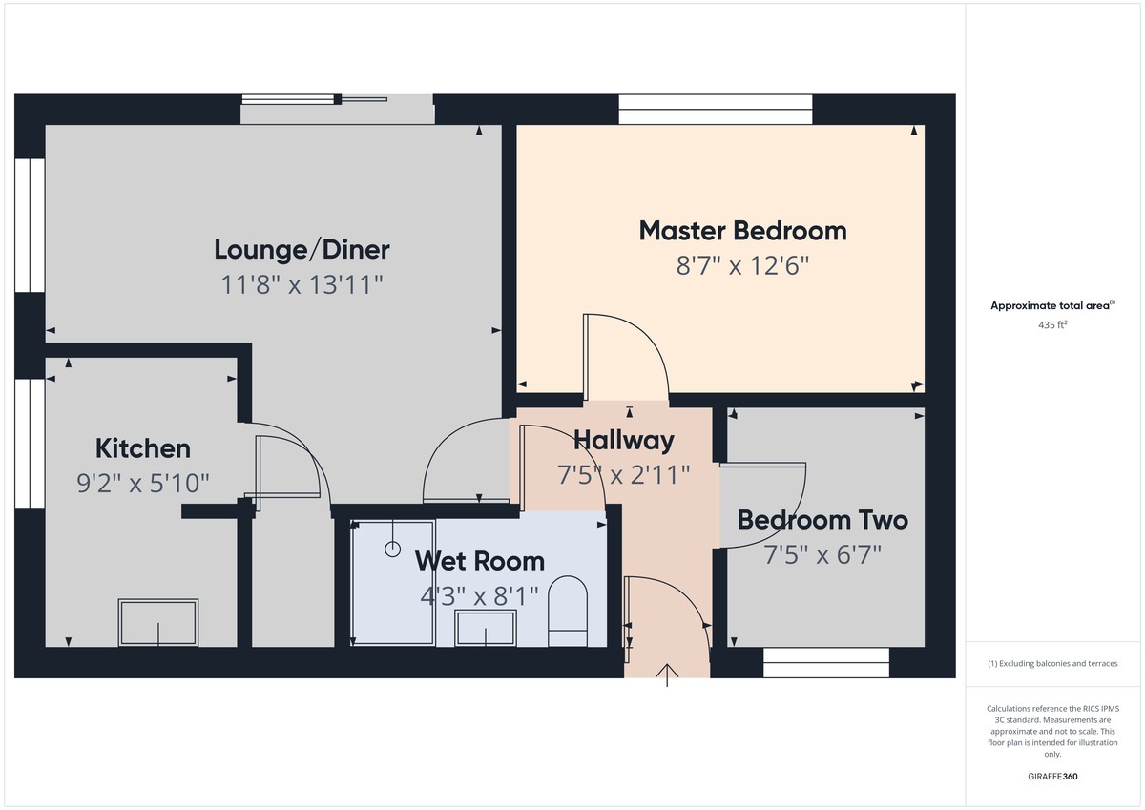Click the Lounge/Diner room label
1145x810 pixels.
(x=302, y=250)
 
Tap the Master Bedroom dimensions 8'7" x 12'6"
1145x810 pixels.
(x=742, y=265)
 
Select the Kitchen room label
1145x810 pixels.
(x=143, y=448)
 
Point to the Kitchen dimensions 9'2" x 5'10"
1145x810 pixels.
(x=143, y=484)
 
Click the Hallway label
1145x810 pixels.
(x=623, y=440)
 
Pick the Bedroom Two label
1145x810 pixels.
(x=822, y=520)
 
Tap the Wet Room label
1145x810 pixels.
(x=479, y=560)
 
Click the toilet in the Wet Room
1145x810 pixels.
(x=568, y=611)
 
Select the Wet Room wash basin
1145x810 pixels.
(x=486, y=629)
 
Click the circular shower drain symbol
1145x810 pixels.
(x=392, y=549)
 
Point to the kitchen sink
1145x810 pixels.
(x=157, y=622)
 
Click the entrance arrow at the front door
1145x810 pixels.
(x=666, y=675)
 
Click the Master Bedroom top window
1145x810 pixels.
(x=716, y=109)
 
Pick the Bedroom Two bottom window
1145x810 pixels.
(x=826, y=663)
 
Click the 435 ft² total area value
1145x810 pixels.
(x=1051, y=324)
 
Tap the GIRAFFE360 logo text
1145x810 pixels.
(x=1051, y=777)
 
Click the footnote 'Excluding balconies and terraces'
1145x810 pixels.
(x=1051, y=663)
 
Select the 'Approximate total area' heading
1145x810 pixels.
(x=1051, y=306)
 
